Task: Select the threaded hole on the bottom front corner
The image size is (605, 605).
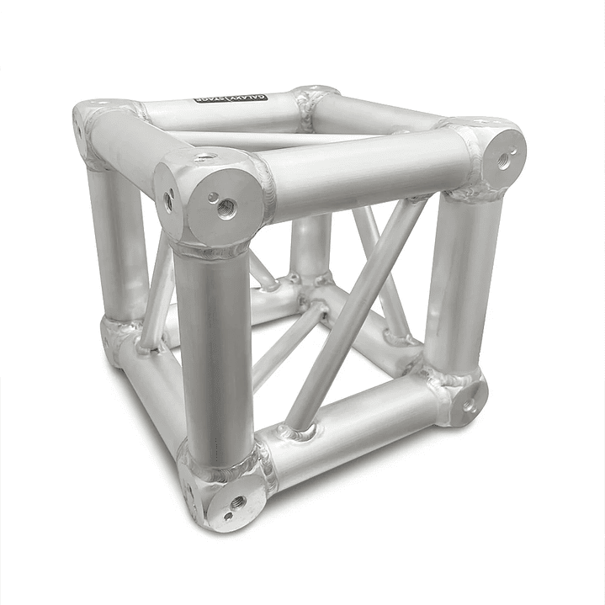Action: point(237,502)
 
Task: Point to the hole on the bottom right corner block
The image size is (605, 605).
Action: point(468,405)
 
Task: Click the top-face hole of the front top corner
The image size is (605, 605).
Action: point(204,157)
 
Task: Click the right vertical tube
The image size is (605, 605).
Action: point(459,278)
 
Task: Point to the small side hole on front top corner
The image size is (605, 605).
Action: point(169,200)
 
